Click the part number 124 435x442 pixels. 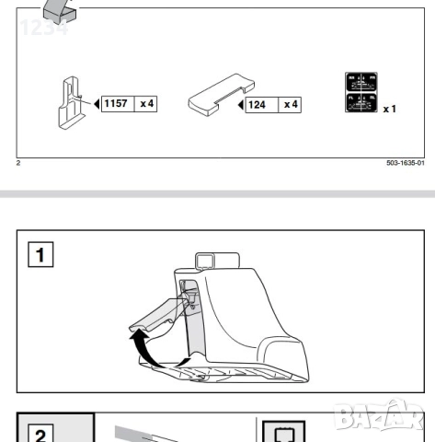258,104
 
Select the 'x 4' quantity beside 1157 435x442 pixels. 146,103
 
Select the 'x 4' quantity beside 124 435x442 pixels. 290,104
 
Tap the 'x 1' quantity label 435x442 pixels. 389,108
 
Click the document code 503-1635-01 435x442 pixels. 406,163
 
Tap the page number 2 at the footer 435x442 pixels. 18,163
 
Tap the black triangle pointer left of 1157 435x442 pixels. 97,103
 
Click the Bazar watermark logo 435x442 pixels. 392,420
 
